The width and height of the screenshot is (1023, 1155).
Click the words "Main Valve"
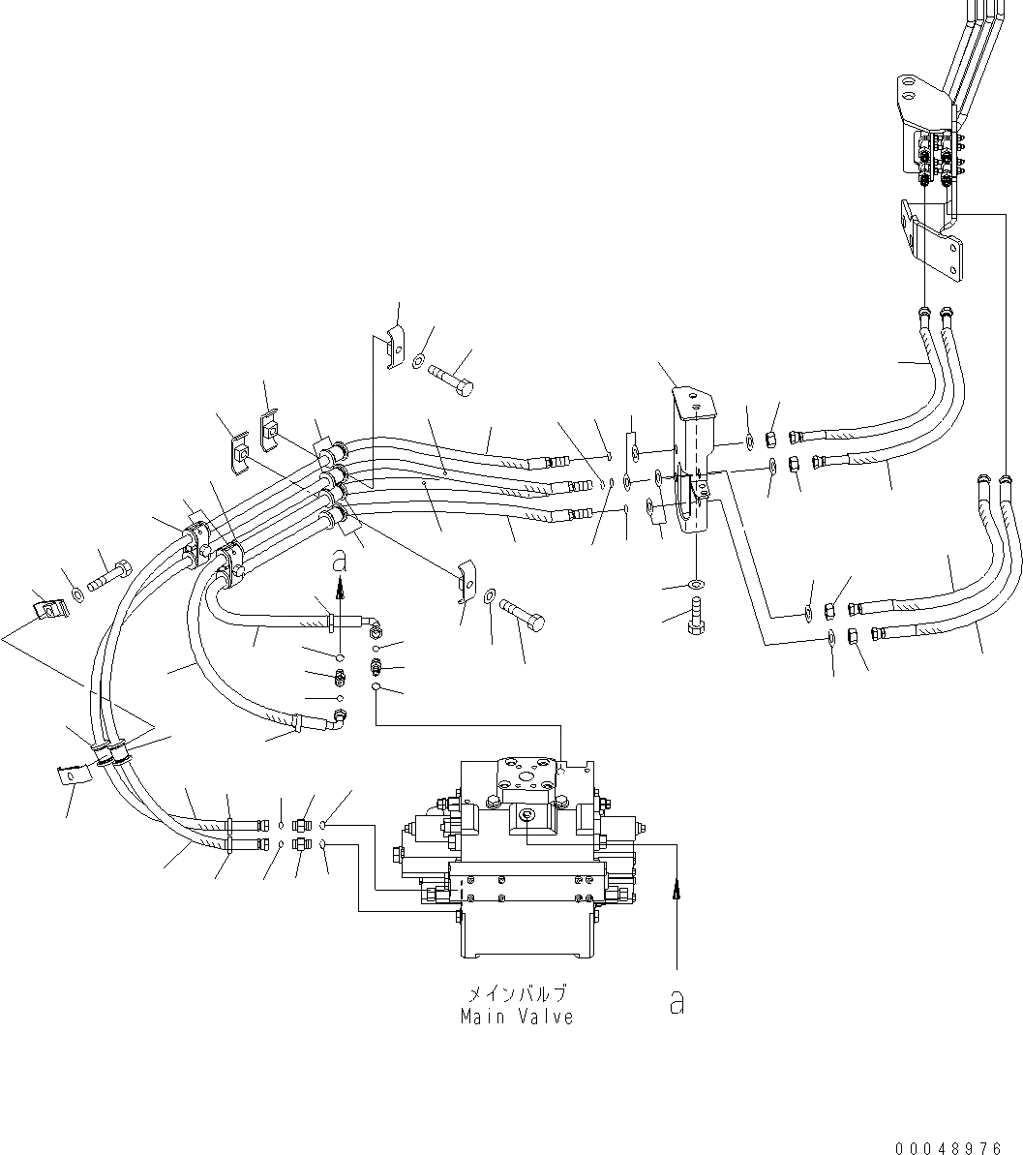(517, 1018)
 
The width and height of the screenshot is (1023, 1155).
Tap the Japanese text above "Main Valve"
(517, 994)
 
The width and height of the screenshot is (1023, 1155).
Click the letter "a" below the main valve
(677, 1004)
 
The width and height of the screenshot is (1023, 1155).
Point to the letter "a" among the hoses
(338, 561)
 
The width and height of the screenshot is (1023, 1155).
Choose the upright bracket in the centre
(695, 455)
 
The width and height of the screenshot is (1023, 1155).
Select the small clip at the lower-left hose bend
(71, 774)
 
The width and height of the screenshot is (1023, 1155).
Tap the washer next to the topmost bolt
(417, 361)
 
